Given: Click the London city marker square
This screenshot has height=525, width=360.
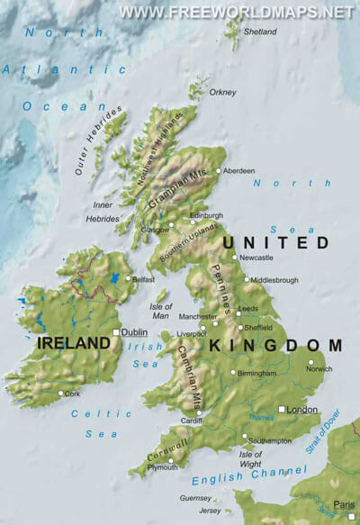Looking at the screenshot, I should click(x=282, y=410).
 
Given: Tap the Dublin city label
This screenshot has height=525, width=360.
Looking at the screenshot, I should click(x=133, y=331).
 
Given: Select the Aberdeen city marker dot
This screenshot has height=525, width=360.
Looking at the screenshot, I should click(x=218, y=170).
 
